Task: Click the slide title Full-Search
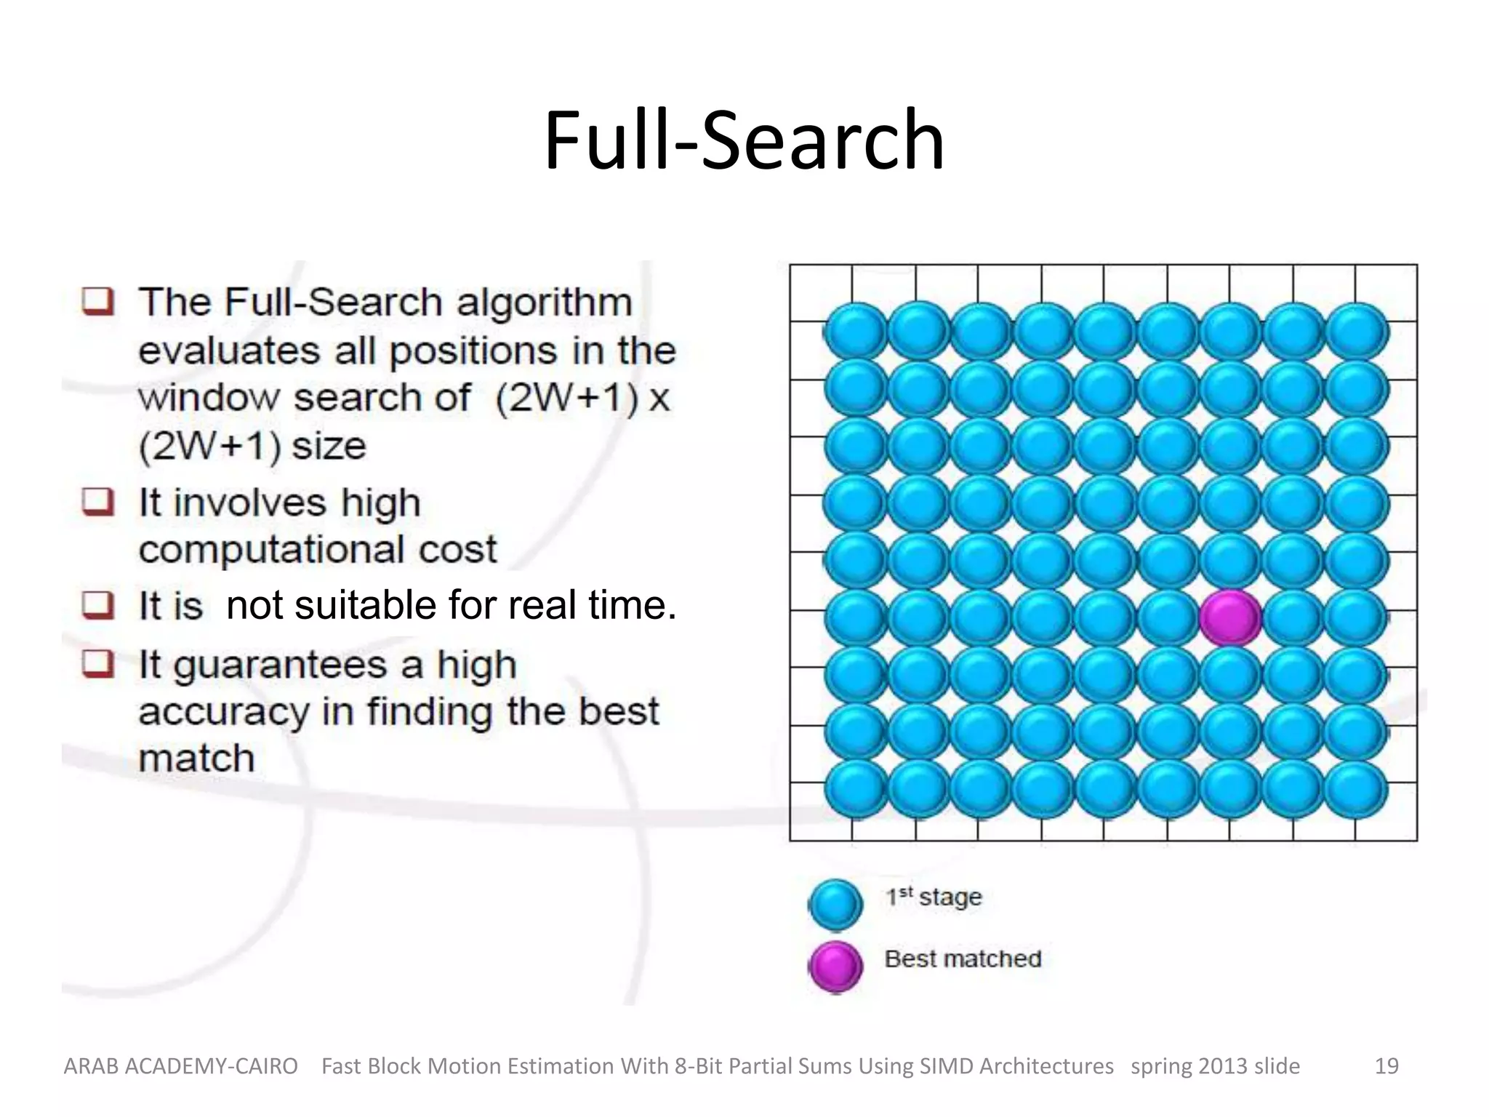[744, 140]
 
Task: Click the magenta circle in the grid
[1230, 617]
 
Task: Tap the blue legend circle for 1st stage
[835, 904]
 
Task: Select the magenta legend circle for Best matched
[835, 966]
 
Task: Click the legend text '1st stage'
[934, 897]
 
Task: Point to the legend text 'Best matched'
[963, 959]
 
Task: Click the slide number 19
[1386, 1066]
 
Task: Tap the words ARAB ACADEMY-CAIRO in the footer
[181, 1066]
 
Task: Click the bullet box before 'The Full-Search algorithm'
[97, 301]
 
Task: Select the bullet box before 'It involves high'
[97, 502]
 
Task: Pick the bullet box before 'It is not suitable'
[97, 604]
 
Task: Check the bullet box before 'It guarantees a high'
[97, 663]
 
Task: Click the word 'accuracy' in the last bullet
[224, 712]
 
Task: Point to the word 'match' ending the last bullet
[196, 758]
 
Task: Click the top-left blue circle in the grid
[856, 332]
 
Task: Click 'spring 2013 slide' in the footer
[1215, 1066]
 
